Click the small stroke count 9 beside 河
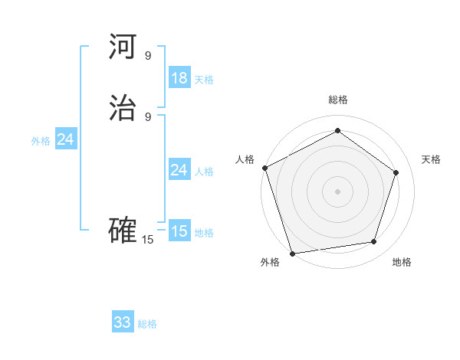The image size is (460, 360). [x=148, y=55]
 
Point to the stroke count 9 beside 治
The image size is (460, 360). [x=148, y=116]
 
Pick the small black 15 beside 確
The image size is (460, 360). [x=147, y=240]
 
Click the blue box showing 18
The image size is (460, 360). [x=179, y=77]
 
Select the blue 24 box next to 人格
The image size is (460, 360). [x=179, y=170]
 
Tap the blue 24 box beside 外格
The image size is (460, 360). [x=66, y=139]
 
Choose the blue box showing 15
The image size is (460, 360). [x=179, y=231]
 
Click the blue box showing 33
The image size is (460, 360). [x=123, y=322]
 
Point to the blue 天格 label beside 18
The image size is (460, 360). [x=204, y=80]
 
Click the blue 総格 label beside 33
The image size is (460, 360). [x=147, y=325]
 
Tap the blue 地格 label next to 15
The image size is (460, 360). [x=204, y=234]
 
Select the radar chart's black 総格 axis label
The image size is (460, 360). [x=338, y=100]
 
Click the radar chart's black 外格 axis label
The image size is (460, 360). [x=270, y=262]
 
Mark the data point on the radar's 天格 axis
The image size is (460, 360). [x=396, y=172]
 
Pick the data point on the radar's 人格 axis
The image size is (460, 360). [x=264, y=168]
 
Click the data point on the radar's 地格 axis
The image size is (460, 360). [x=373, y=241]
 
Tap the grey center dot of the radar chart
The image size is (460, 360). [x=337, y=191]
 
